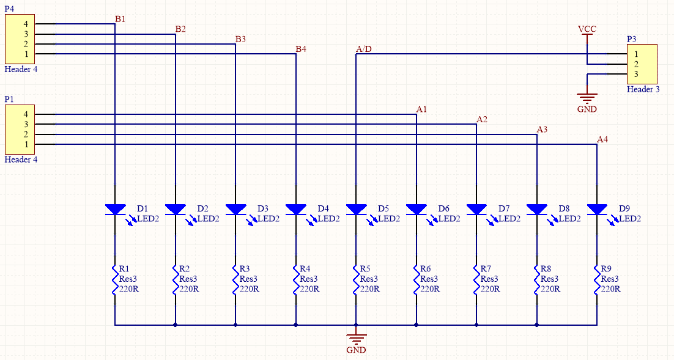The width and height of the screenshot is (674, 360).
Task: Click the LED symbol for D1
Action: (x=115, y=210)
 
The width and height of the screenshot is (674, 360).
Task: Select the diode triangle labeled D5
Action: (x=356, y=210)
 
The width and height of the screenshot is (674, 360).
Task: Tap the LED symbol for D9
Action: (x=597, y=210)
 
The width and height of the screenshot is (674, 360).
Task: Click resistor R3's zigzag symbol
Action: (x=235, y=279)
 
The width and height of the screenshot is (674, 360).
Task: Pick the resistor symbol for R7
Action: (x=476, y=279)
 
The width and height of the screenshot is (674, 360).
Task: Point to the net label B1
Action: (x=120, y=19)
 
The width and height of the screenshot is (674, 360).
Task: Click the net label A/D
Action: (x=363, y=49)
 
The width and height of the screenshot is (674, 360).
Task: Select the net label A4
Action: (x=602, y=139)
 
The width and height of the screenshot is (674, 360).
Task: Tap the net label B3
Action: (x=240, y=39)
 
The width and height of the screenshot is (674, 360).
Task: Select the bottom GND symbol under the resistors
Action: (x=356, y=339)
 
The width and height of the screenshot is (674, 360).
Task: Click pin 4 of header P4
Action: (x=26, y=24)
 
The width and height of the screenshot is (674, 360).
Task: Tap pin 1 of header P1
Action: (x=26, y=144)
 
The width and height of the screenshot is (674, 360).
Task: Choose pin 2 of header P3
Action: (x=636, y=64)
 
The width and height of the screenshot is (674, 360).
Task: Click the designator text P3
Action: (x=632, y=39)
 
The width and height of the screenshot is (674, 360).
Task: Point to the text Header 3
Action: (x=643, y=89)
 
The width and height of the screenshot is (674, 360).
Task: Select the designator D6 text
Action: (x=443, y=208)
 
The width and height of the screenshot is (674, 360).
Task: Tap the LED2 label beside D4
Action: (x=328, y=219)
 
